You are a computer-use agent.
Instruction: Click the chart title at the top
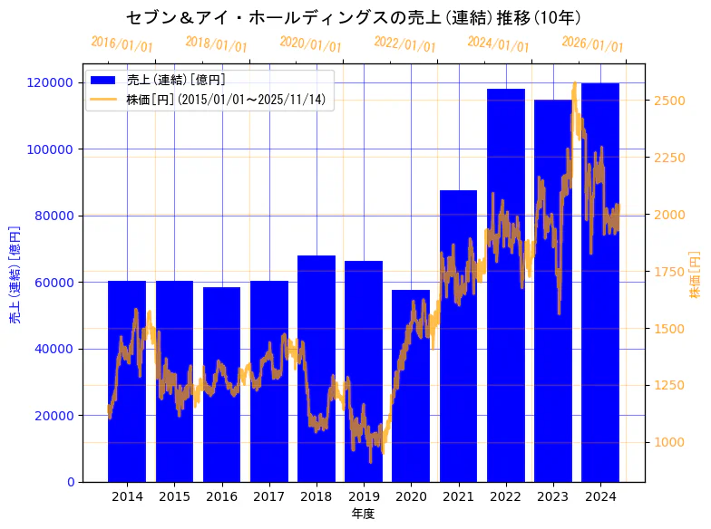354,17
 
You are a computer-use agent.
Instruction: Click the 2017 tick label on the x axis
269,496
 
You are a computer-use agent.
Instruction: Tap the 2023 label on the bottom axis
553,496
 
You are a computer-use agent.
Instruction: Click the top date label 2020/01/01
310,43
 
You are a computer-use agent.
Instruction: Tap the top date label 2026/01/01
592,43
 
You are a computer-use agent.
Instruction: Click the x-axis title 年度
363,514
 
